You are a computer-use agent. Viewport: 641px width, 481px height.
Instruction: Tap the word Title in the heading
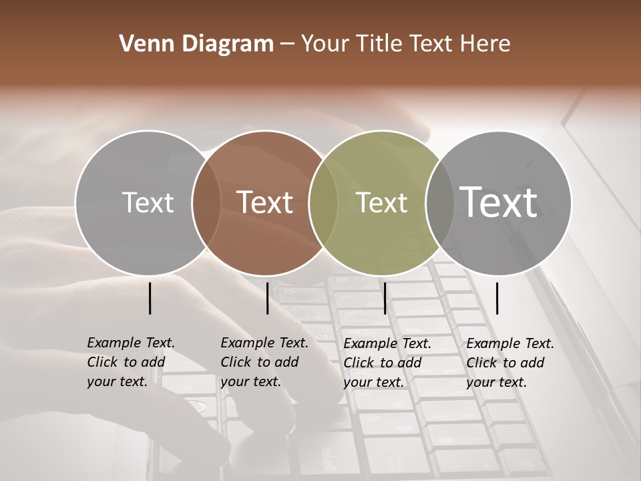378,43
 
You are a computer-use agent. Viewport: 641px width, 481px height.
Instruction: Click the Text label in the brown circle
264,202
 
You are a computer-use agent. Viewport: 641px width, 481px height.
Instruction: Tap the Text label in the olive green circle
381,202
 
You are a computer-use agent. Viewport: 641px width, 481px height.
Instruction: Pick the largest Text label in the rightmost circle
498,202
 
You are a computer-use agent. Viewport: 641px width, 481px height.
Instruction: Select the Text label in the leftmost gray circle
148,202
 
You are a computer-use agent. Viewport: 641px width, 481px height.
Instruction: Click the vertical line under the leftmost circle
150,298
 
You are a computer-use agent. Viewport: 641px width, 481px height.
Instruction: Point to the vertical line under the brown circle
267,298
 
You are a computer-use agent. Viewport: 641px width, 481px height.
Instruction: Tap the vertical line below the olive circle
385,298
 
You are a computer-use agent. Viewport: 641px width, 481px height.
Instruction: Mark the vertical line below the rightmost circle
497,298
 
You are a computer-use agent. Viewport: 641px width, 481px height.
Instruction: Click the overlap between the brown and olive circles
323,202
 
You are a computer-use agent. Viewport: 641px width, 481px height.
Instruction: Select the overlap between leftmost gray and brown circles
206,202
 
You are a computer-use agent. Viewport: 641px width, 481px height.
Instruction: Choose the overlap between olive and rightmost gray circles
439,202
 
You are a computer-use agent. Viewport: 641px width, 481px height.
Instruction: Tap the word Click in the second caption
236,362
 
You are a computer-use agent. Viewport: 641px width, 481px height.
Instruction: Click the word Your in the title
325,43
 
